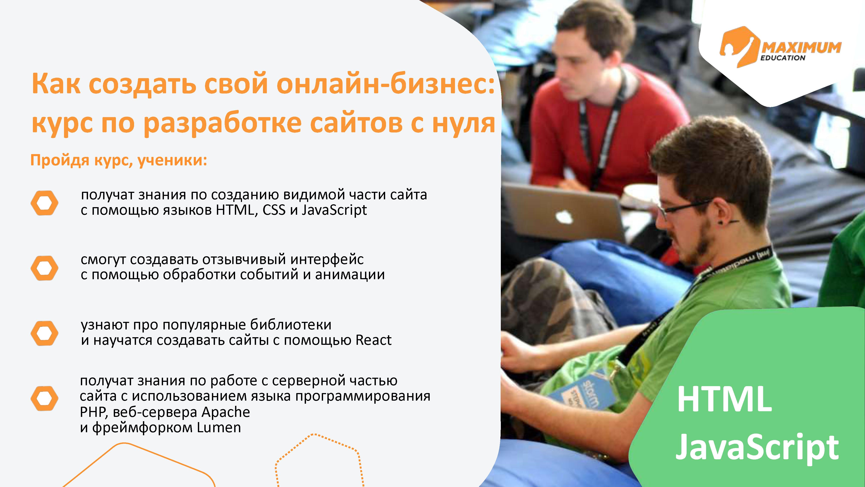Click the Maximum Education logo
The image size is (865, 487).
[x=780, y=47]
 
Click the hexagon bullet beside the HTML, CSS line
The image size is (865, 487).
[x=44, y=203]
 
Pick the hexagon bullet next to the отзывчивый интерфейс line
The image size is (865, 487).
[x=44, y=268]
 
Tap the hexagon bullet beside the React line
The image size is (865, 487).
[x=44, y=333]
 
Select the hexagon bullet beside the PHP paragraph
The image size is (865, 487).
[x=44, y=398]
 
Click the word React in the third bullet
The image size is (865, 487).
[x=373, y=340]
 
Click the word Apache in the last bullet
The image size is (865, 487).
[x=226, y=412]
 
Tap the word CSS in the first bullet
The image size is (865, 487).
[x=274, y=210]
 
